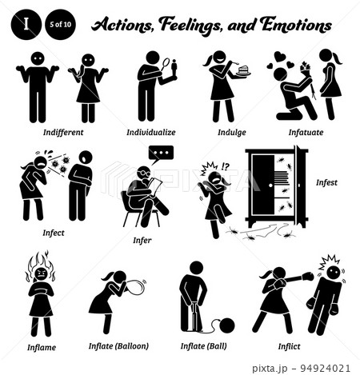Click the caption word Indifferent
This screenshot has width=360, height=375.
point(63,132)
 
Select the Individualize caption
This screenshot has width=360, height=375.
point(151,132)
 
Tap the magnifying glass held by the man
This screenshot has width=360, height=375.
point(166,63)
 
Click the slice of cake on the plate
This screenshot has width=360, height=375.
point(243,70)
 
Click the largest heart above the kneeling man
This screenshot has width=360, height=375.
point(280,56)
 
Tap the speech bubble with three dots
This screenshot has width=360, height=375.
point(161,154)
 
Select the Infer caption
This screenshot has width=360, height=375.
point(142,240)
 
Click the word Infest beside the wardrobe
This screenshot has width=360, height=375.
point(326,182)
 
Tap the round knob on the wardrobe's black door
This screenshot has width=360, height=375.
point(270,186)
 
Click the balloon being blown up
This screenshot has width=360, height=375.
point(135,287)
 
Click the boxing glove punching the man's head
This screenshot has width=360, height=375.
point(308,277)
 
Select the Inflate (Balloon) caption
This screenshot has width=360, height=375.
point(118,346)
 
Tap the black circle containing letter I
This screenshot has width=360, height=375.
point(26,25)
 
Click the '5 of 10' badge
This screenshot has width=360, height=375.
point(60,25)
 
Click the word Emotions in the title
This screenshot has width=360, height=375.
point(296,25)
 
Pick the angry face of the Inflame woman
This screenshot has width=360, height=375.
point(41,273)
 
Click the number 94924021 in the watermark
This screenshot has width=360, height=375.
point(326,369)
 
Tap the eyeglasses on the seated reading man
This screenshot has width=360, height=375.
point(143,174)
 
